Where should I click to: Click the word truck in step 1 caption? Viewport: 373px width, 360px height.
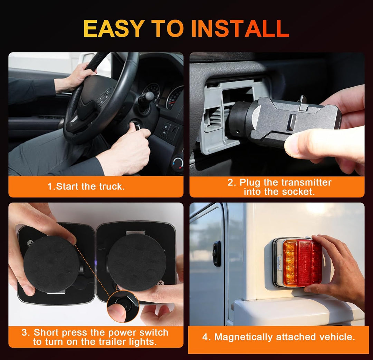pos(112,186)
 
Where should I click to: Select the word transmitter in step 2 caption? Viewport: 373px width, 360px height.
pos(306,182)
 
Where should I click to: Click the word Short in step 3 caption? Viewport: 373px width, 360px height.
pos(45,332)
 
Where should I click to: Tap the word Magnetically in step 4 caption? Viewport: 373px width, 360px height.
pos(243,337)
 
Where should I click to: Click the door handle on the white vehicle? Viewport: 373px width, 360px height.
pos(217,253)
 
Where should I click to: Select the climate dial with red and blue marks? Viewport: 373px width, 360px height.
pos(179,164)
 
